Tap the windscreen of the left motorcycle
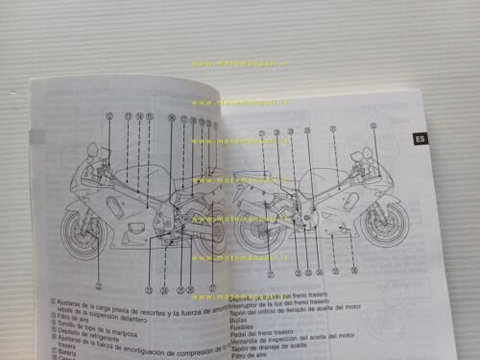[94, 154]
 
